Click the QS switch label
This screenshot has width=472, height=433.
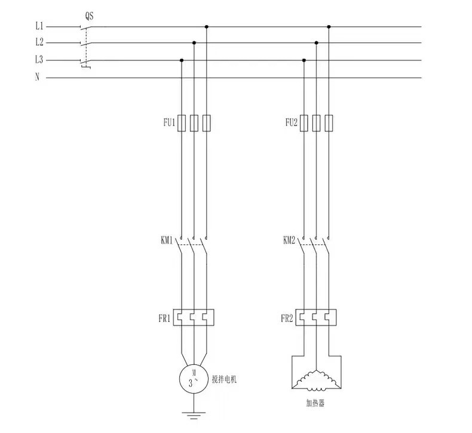89,16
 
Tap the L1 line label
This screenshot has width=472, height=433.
39,26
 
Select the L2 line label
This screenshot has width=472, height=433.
39,42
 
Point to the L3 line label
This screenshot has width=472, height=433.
39,60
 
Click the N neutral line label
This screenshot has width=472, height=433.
37,77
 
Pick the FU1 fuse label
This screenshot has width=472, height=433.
169,122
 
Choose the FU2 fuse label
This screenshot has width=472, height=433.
292,122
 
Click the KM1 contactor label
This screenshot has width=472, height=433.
167,241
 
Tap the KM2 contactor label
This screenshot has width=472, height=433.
289,241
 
